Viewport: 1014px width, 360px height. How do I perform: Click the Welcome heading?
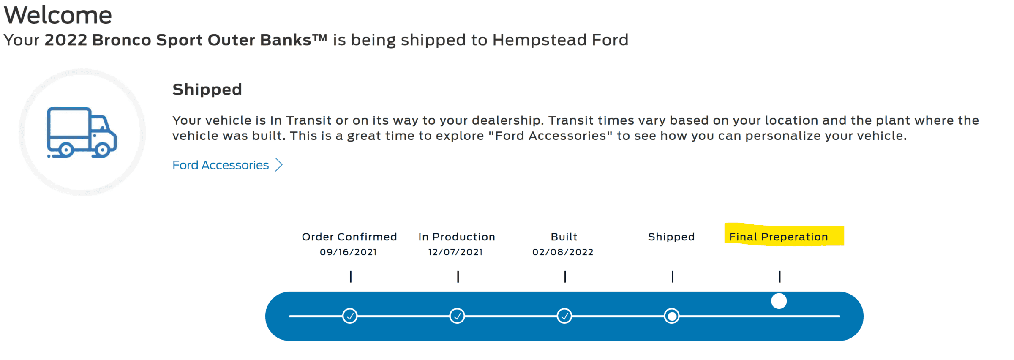point(58,15)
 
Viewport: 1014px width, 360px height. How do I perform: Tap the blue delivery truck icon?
point(82,132)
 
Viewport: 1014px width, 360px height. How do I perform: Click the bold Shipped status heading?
point(207,90)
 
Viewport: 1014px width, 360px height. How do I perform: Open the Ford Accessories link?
point(221,165)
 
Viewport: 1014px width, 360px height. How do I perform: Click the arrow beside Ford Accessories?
point(279,165)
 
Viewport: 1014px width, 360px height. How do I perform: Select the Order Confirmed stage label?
point(349,237)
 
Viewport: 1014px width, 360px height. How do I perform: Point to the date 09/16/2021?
point(348,252)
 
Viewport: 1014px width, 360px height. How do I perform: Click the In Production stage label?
point(457,237)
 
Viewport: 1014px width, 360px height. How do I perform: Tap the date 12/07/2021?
point(455,252)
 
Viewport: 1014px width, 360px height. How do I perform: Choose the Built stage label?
point(564,237)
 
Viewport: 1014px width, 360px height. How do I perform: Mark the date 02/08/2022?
point(563,252)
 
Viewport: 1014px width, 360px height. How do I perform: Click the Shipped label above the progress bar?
point(671,237)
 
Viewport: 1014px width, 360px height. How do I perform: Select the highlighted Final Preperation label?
point(779,237)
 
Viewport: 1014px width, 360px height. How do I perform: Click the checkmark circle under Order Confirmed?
point(350,316)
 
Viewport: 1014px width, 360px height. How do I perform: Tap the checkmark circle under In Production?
point(457,316)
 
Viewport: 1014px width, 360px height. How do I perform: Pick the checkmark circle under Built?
point(564,316)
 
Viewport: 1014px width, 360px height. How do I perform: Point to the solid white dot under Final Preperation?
point(779,301)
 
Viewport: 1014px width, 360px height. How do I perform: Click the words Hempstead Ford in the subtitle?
point(560,40)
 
